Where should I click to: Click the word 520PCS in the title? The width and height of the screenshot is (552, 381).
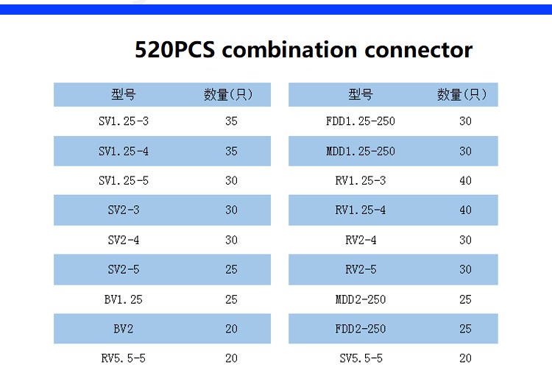(x=174, y=49)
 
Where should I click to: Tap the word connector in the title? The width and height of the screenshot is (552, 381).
(x=418, y=50)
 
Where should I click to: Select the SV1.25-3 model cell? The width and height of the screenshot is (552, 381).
(x=124, y=121)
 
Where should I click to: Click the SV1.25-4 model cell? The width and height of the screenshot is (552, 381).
(x=124, y=152)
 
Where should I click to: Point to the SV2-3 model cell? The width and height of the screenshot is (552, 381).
(x=124, y=210)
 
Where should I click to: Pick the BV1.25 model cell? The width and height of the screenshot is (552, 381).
(x=123, y=300)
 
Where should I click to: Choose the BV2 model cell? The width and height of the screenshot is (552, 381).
(x=123, y=329)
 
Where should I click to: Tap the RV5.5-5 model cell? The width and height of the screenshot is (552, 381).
(x=123, y=358)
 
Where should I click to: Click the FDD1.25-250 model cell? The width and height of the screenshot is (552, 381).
(x=361, y=121)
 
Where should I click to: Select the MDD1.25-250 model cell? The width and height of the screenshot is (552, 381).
(x=361, y=152)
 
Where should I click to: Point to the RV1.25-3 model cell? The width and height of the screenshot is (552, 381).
(x=361, y=181)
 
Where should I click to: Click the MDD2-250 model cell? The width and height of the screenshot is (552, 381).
(x=361, y=300)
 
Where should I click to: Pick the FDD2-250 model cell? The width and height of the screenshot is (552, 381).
(x=361, y=329)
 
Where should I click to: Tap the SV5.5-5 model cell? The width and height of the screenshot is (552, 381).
(x=361, y=358)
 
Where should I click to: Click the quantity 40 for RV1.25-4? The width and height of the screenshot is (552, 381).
(x=465, y=210)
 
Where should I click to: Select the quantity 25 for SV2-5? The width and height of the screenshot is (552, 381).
(x=231, y=269)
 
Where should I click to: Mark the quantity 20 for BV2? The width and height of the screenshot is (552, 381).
(x=231, y=329)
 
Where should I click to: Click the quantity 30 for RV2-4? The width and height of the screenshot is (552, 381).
(x=465, y=240)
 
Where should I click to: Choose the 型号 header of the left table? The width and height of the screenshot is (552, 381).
(x=124, y=95)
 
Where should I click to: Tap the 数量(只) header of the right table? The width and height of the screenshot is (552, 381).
(x=462, y=95)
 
